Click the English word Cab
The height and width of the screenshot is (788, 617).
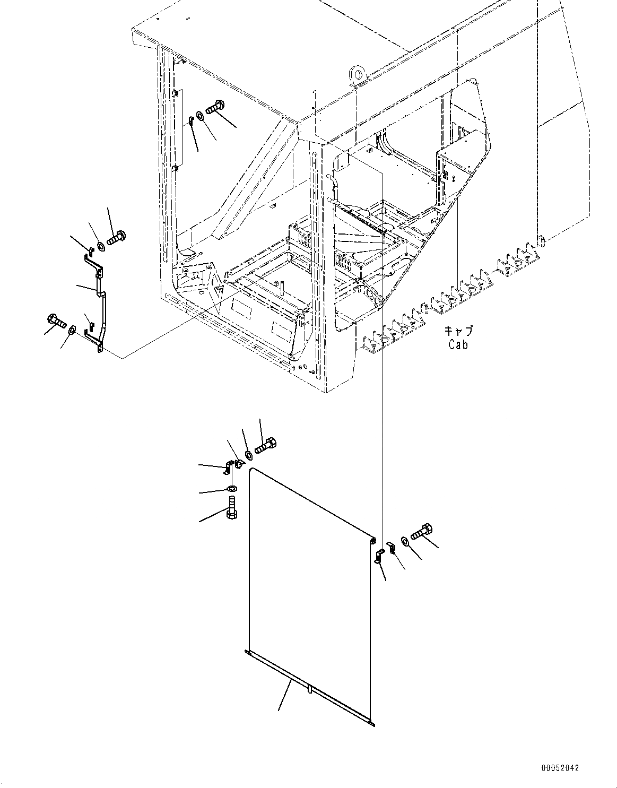(x=458, y=344)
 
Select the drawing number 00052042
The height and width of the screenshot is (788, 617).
(x=560, y=768)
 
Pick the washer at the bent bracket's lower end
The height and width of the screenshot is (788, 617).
(x=72, y=332)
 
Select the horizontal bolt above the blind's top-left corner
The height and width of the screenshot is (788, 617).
(x=265, y=445)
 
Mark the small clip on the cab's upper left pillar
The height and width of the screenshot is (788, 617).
(x=189, y=121)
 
